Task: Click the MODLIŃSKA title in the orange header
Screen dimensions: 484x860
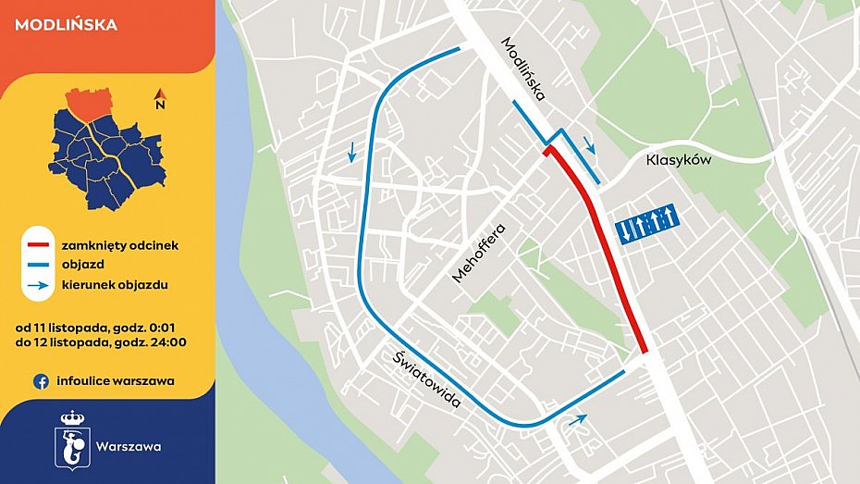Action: (x=67, y=25)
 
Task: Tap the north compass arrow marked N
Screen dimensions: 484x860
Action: (x=160, y=96)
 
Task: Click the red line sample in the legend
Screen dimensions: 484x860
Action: (x=38, y=246)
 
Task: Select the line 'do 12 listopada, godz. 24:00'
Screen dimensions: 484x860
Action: (x=101, y=343)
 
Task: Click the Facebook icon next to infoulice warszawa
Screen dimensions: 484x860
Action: (x=41, y=380)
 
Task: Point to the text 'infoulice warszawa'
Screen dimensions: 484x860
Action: (x=116, y=380)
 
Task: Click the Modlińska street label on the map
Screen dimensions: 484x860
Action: (x=524, y=68)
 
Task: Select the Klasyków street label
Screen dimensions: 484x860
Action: (x=677, y=160)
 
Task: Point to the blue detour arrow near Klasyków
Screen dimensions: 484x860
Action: (x=589, y=144)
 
